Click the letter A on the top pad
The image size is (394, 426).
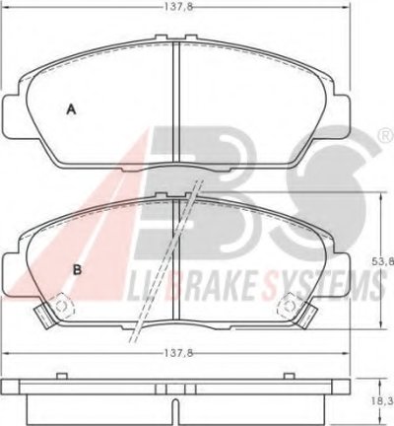coord(71,109)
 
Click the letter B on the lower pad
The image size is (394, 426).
coord(77,270)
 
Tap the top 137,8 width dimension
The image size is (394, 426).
coord(177,7)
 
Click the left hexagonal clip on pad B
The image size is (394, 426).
coord(62,306)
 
